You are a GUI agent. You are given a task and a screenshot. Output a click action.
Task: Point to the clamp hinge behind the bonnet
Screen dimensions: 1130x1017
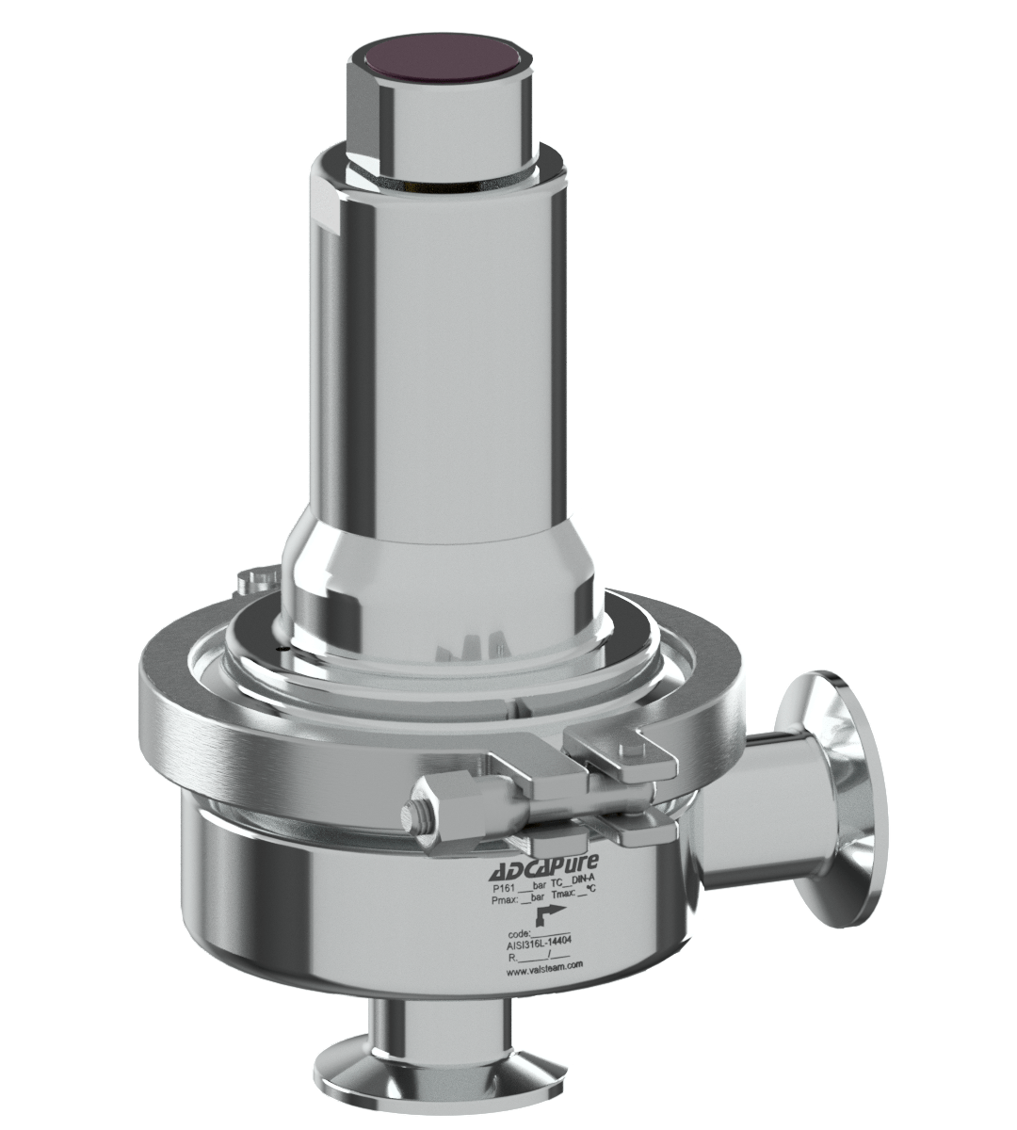(256, 580)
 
